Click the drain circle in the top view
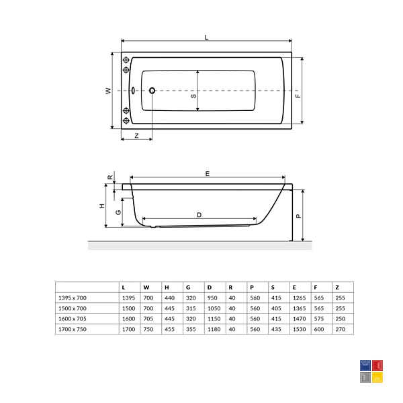tap(152, 91)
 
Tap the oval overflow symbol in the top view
tap(133, 91)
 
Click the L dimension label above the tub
tap(206, 38)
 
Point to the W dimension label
tap(108, 91)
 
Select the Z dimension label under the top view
tap(137, 136)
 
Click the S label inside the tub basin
tap(194, 96)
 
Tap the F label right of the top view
tap(298, 95)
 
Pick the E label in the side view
tap(208, 174)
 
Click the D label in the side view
tap(199, 215)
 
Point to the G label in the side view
tap(118, 212)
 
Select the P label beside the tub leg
tap(298, 216)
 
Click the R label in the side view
tap(110, 177)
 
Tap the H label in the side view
tap(102, 206)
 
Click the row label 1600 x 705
tap(73, 318)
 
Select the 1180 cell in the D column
tap(214, 329)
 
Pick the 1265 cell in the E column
tap(299, 298)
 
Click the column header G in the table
tap(188, 287)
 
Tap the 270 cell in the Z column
tap(341, 329)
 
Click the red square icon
tap(377, 365)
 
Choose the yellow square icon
tap(377, 377)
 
